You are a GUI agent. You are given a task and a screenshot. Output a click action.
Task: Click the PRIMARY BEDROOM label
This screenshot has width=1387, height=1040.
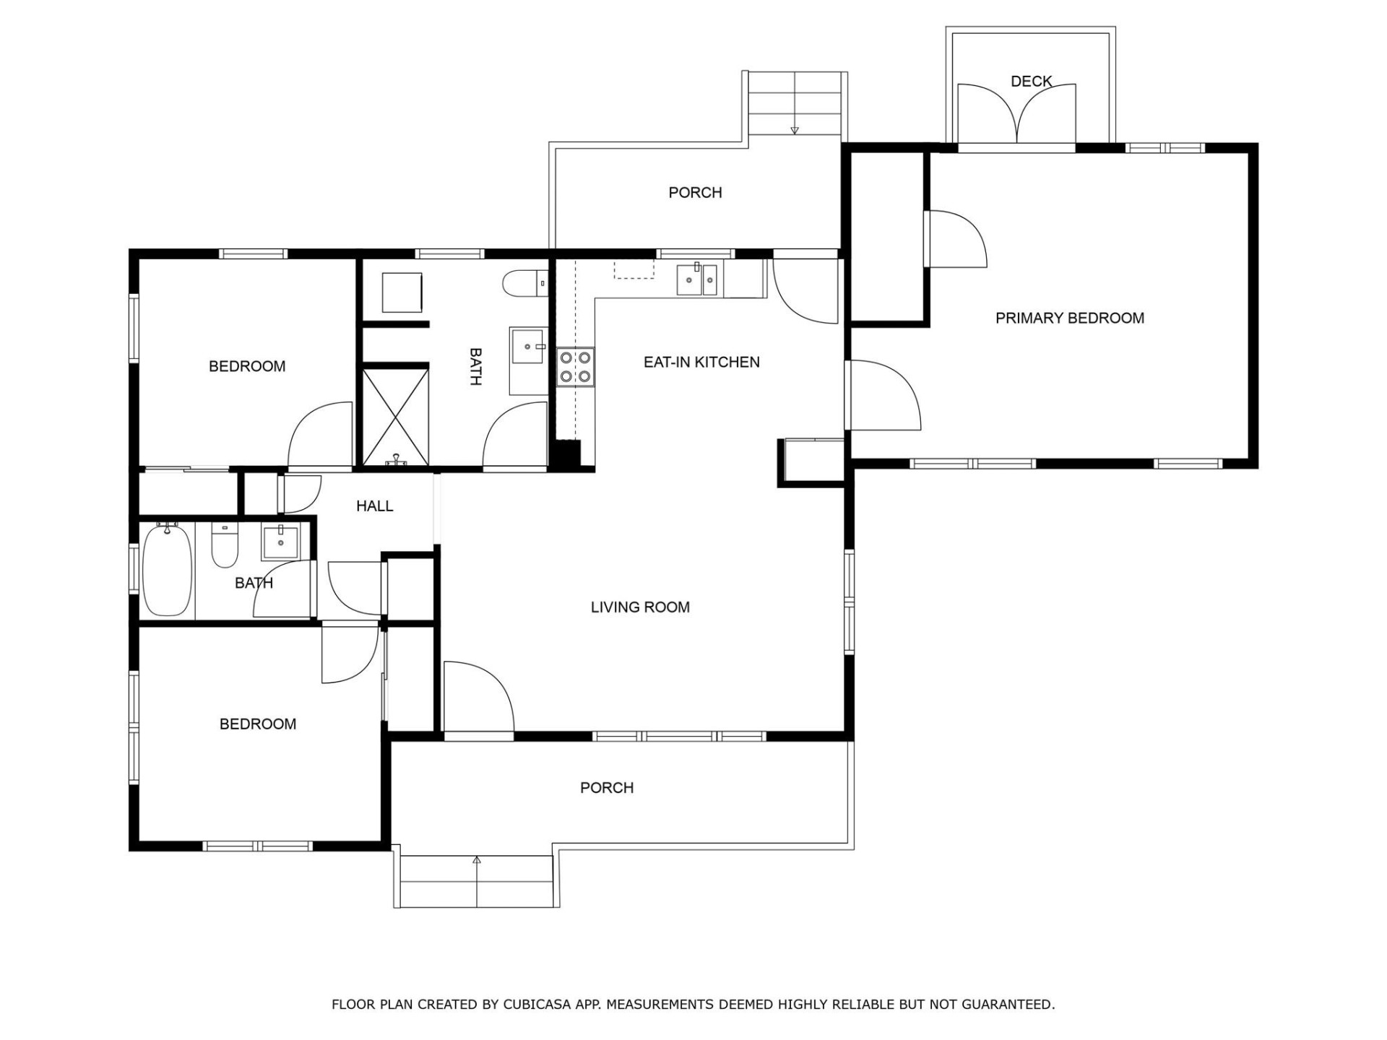pos(1069,318)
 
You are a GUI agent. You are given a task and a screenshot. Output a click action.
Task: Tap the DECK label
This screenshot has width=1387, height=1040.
pos(1031,82)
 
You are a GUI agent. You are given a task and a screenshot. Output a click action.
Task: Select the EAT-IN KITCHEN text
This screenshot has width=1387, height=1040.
pos(701,362)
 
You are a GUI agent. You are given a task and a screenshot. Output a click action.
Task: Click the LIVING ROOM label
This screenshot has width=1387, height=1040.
pos(639,607)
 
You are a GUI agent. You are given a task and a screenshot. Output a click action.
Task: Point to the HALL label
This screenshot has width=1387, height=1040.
pos(374,506)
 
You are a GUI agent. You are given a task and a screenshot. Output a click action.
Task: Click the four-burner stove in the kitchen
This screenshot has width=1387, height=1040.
pos(575,365)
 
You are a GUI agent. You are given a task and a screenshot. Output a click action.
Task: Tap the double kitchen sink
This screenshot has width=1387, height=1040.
pos(696,279)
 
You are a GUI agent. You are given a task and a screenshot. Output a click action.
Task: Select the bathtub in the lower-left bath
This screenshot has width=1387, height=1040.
pos(167,570)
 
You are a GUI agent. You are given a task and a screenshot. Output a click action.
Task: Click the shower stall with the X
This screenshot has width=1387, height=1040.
pos(395,416)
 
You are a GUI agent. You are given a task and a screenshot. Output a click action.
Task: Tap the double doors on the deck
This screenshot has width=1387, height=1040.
pos(1016,114)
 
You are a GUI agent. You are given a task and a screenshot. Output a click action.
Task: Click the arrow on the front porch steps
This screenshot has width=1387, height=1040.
pos(477,860)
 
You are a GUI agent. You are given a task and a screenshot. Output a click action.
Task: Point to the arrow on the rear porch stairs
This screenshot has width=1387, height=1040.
pos(795,130)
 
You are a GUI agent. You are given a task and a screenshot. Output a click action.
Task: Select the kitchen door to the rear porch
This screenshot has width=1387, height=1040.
pos(804,289)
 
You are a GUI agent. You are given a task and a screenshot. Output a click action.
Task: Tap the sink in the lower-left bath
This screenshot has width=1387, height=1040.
pos(280,542)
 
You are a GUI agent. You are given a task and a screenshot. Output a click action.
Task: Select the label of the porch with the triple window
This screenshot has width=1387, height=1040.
pos(606,788)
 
